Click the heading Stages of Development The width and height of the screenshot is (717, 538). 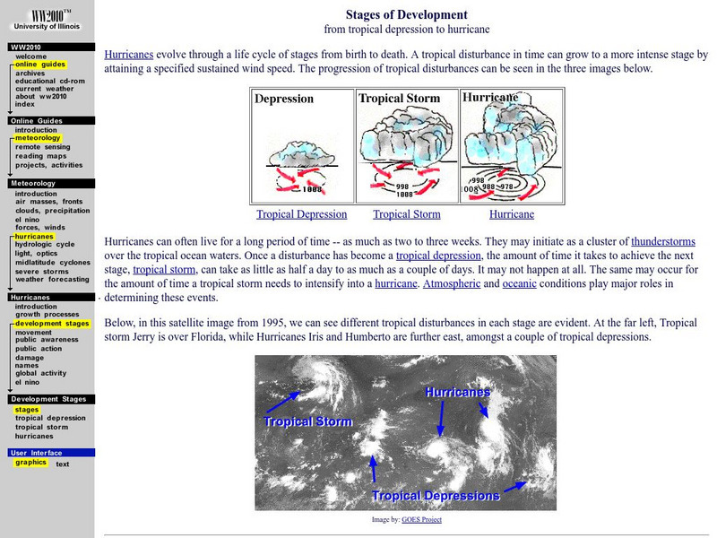tap(407, 14)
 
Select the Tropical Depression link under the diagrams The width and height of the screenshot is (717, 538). tap(301, 214)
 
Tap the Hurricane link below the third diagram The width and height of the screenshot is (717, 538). tap(512, 214)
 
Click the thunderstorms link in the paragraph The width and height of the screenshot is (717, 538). tap(663, 241)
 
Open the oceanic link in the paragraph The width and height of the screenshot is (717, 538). tap(520, 283)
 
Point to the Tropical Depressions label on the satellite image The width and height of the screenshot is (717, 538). tap(436, 495)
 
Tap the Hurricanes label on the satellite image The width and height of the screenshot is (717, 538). tap(457, 393)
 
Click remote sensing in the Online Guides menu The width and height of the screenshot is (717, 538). tap(43, 146)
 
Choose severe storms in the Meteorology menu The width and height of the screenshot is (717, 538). tap(41, 271)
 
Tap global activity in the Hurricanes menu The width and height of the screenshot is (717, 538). tap(40, 373)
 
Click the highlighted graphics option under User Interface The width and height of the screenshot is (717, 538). tap(30, 463)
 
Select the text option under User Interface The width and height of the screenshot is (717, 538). tap(63, 464)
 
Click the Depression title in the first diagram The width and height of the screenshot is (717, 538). tap(284, 99)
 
